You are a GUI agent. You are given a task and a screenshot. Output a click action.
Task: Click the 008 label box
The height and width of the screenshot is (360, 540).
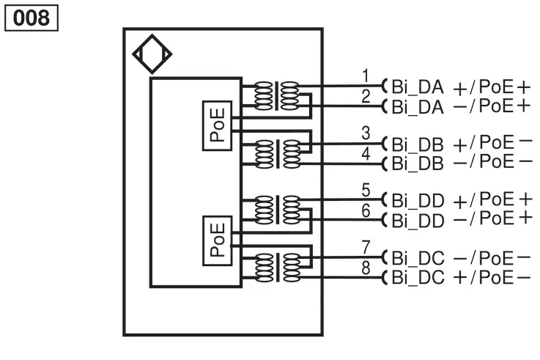32,18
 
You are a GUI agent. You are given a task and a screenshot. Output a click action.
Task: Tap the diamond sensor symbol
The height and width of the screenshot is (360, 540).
152,54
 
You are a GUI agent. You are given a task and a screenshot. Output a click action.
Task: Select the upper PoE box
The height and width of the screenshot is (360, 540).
217,125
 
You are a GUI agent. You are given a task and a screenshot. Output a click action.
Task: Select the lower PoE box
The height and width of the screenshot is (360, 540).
217,240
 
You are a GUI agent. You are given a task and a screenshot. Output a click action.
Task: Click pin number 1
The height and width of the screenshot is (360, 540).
366,76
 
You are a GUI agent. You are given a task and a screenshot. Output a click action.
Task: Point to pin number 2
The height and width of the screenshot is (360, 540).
366,96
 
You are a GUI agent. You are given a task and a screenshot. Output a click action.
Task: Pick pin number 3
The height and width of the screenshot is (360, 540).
366,133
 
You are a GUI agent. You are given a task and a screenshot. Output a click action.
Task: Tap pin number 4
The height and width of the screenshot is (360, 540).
366,153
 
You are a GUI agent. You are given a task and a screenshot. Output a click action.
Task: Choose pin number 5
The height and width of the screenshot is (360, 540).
366,190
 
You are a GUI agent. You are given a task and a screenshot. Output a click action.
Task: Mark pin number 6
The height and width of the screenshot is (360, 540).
366,210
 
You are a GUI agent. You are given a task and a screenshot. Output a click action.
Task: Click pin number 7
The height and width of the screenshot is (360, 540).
366,247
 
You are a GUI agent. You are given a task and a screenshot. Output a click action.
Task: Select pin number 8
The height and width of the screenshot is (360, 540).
366,268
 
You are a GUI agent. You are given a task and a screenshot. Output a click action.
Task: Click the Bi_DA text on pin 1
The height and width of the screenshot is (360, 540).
418,87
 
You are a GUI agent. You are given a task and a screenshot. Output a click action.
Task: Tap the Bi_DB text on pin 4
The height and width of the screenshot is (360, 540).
418,164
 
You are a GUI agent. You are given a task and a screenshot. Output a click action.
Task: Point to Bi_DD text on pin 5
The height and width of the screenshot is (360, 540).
418,200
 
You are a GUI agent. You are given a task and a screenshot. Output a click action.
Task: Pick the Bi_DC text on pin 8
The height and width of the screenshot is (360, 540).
418,277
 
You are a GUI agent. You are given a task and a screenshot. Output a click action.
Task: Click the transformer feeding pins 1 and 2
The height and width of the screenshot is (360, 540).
276,96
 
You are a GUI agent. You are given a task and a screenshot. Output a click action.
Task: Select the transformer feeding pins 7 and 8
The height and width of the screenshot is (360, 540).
278,268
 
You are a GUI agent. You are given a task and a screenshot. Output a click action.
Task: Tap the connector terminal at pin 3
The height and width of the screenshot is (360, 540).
385,143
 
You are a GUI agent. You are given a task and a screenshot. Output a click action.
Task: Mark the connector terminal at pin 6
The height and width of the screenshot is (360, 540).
385,219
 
